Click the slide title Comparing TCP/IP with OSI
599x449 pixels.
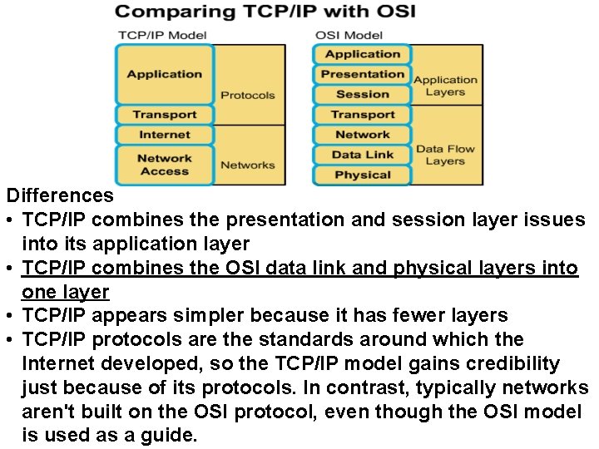point(265,12)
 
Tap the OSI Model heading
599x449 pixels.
point(349,35)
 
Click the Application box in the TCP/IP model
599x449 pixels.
point(165,74)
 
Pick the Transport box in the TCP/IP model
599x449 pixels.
point(165,115)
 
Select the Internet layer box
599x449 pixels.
point(165,135)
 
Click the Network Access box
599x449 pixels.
point(165,165)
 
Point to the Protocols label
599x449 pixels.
point(247,95)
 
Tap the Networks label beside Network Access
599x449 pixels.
point(247,165)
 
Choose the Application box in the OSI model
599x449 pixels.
point(362,54)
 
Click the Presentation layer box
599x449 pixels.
point(362,74)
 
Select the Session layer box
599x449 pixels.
point(362,94)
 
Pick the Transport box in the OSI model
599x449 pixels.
point(362,115)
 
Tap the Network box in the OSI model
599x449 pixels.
point(362,135)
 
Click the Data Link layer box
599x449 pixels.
point(362,155)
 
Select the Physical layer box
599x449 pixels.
point(362,175)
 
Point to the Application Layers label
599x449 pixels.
point(445,86)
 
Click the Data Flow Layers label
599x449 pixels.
point(445,155)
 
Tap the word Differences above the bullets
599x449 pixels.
point(60,196)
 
